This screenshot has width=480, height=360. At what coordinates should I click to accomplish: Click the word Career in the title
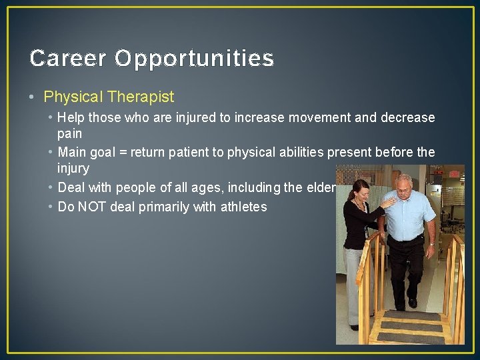point(68,59)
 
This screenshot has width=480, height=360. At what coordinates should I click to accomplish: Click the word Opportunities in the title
point(194,59)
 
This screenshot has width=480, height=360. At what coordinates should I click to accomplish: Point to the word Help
point(71,118)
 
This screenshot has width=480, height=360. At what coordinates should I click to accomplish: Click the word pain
point(69,135)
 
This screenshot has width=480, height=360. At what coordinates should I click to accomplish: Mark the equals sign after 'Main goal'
point(139,152)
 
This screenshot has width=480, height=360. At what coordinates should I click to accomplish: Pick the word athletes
point(241,207)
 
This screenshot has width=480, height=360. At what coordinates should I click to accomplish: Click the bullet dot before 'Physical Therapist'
point(33,97)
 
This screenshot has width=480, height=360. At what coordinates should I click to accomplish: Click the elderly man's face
point(404,186)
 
